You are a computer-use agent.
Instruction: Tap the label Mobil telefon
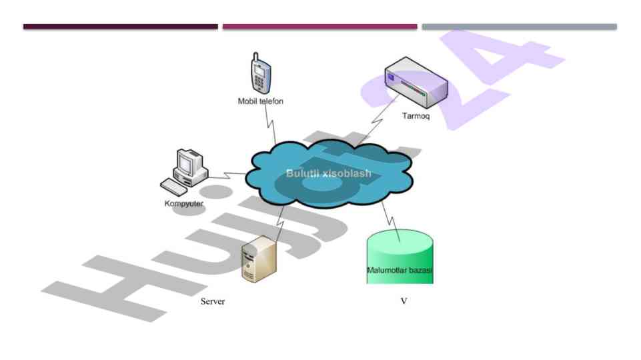pos(261,101)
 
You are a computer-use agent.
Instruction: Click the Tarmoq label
pos(416,116)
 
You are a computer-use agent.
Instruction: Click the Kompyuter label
pos(184,203)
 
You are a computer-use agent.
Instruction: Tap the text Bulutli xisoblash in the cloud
pos(329,173)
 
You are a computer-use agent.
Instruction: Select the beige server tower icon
pos(259,260)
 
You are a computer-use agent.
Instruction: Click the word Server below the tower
pos(213,302)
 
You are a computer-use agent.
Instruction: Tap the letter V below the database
pos(404,302)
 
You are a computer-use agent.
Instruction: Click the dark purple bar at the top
pos(120,27)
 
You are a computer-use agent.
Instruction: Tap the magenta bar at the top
pos(319,27)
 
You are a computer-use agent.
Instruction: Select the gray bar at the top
pos(519,27)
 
